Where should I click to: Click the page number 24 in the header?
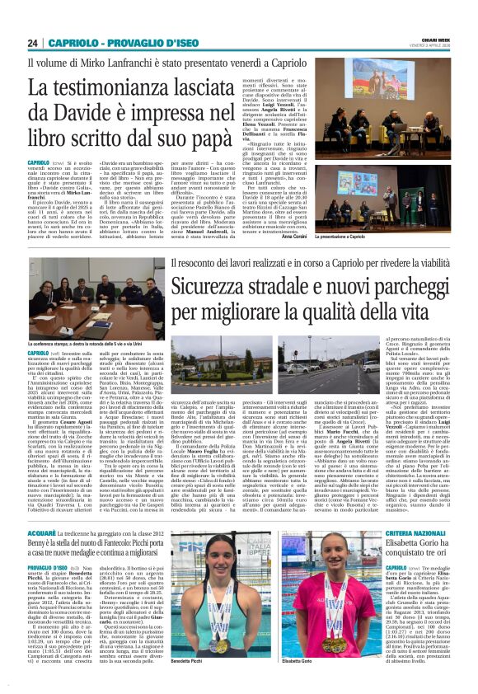(34, 44)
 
